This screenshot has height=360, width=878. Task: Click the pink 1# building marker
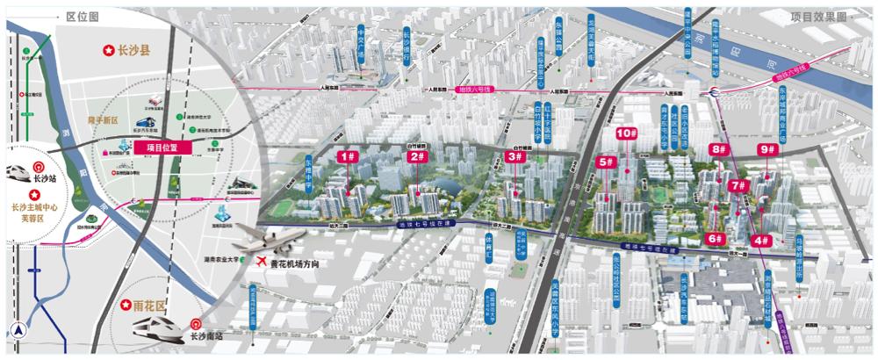[x=348, y=156]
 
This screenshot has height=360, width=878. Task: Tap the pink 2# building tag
[x=418, y=156]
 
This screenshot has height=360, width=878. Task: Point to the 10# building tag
[x=626, y=133]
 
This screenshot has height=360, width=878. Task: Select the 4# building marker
[x=761, y=240]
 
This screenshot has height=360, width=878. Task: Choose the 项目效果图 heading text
[x=817, y=16]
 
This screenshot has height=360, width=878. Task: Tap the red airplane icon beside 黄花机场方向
[x=261, y=262]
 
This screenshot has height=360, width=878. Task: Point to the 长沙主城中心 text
[x=33, y=208]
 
